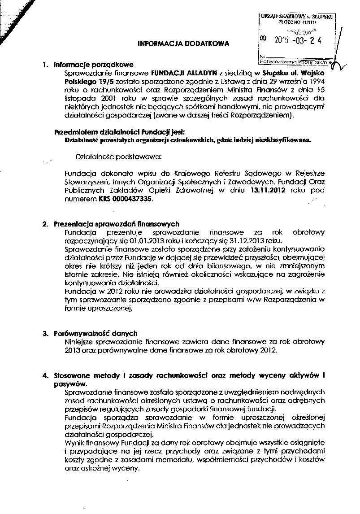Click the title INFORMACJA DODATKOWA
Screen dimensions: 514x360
coord(183,44)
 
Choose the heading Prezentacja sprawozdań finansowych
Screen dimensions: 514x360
coord(117,224)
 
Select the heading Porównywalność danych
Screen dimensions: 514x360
coord(95,334)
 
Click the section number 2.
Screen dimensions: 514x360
coord(45,224)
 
